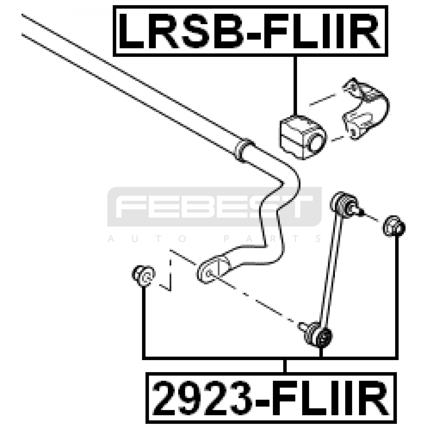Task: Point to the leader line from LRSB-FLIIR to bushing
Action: pos(295,86)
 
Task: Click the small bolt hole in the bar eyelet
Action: pos(209,273)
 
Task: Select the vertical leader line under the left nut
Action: pos(144,322)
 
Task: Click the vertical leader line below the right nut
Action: pos(396,295)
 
